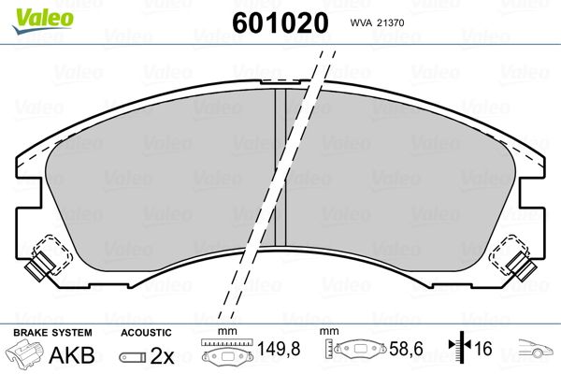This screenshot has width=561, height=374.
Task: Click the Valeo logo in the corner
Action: [43, 21]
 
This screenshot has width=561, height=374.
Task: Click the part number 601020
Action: [280, 22]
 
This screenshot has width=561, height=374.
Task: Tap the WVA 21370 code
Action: [377, 22]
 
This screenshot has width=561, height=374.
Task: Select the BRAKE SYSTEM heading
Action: [52, 333]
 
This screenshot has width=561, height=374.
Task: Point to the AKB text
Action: [72, 354]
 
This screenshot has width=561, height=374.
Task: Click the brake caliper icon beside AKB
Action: [25, 353]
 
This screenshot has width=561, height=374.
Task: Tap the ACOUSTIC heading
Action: [146, 333]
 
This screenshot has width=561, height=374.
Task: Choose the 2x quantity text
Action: [162, 355]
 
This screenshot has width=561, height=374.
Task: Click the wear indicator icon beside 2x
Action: [133, 357]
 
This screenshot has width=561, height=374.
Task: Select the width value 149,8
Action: [279, 349]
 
